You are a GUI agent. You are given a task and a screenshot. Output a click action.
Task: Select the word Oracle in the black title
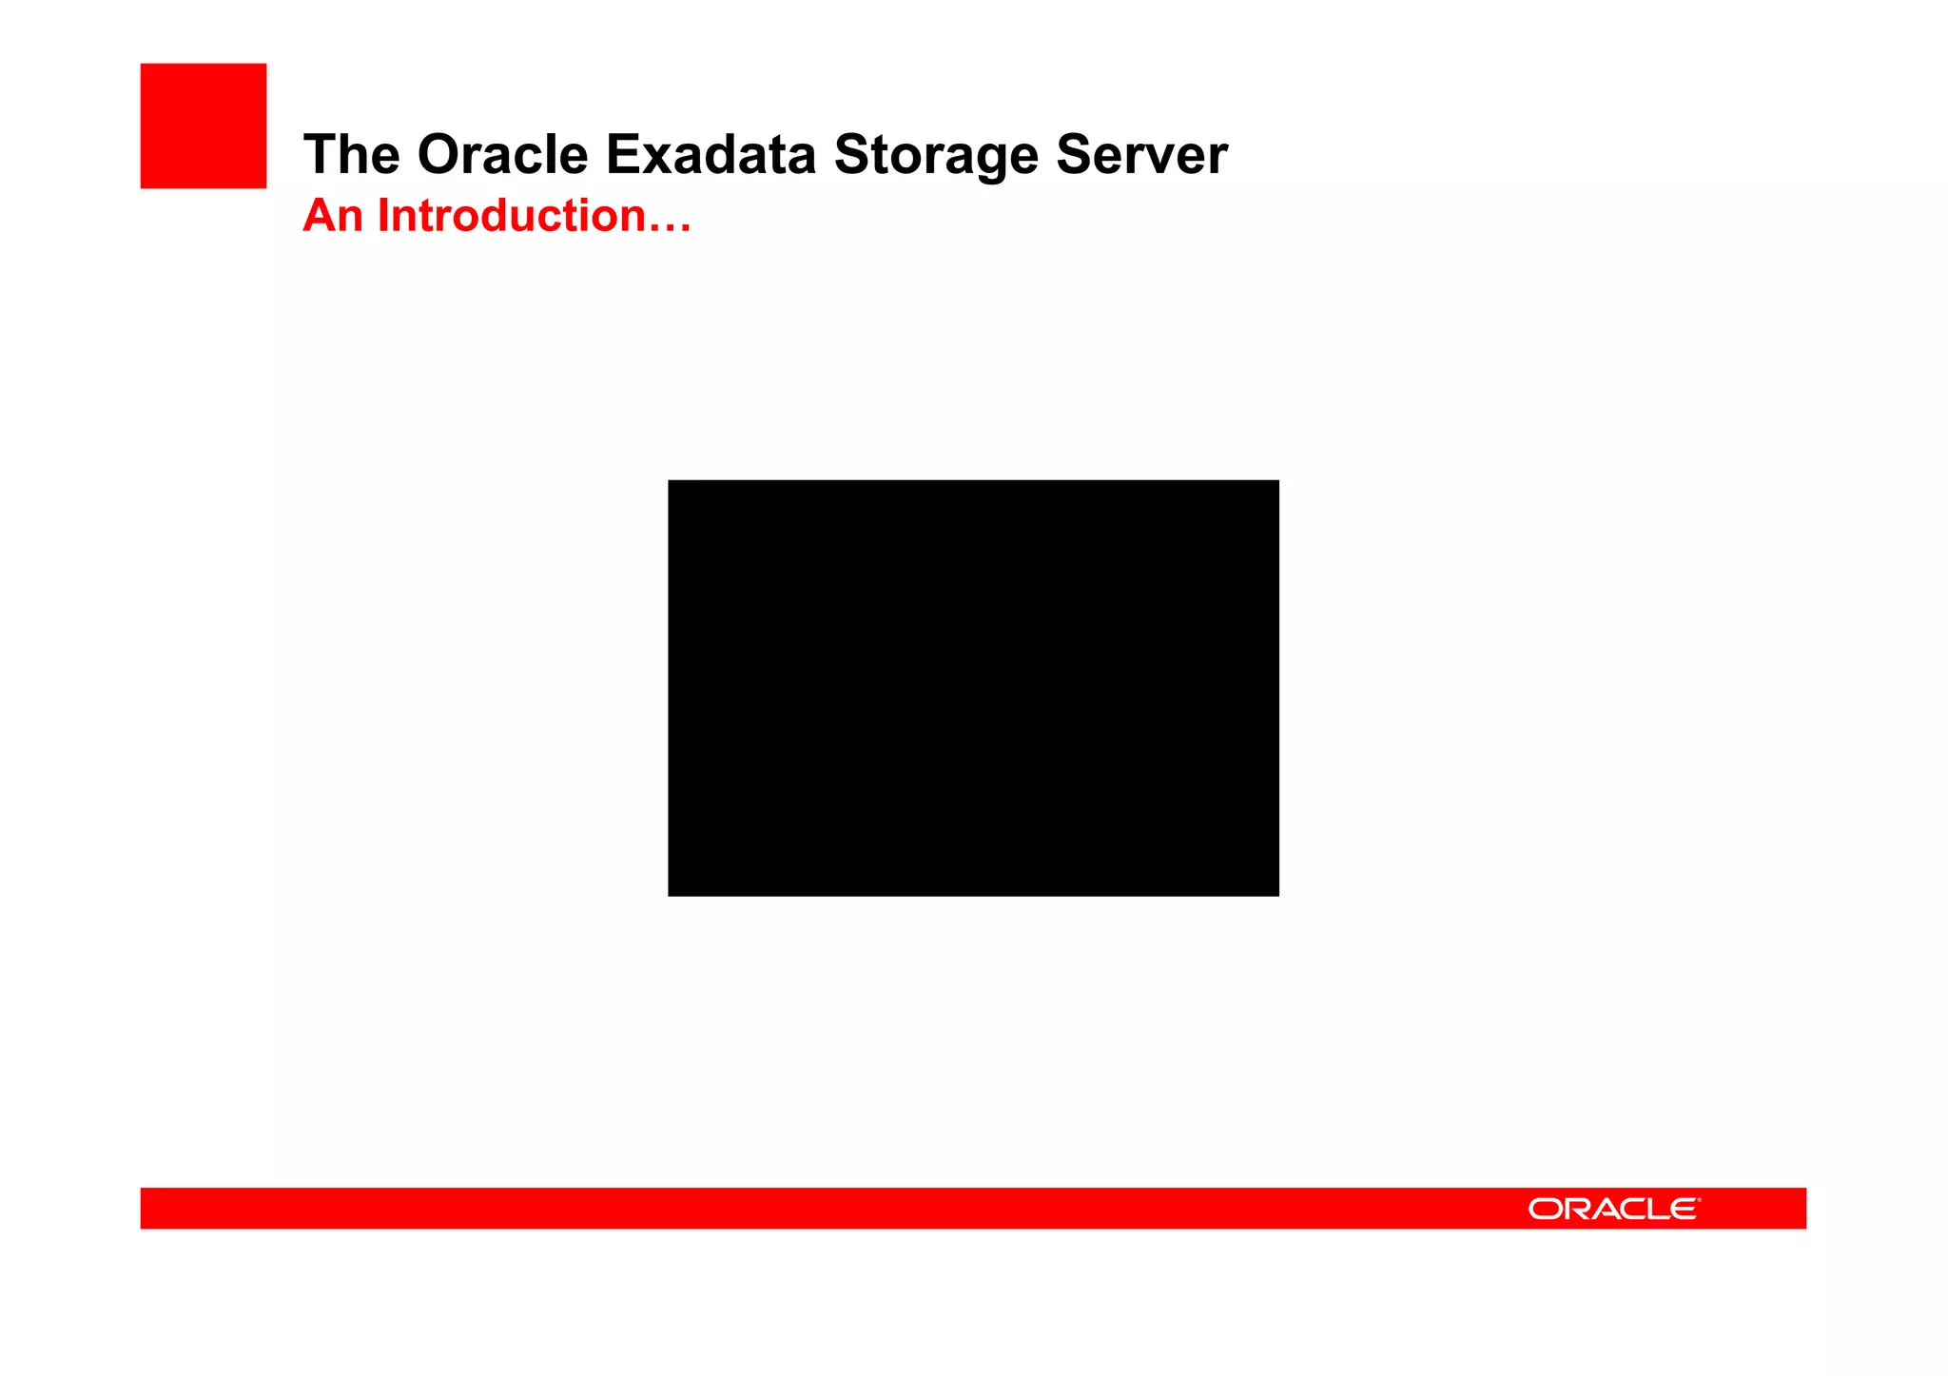pyautogui.click(x=502, y=154)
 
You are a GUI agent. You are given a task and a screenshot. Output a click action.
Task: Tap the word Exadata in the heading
pyautogui.click(x=711, y=154)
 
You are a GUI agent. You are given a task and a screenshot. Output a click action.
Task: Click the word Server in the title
pyautogui.click(x=1141, y=154)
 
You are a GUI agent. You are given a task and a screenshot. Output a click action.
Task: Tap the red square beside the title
pyautogui.click(x=204, y=126)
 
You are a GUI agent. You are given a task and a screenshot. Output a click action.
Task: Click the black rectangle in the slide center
pyautogui.click(x=973, y=688)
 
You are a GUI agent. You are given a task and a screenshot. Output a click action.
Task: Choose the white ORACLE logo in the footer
pyautogui.click(x=1613, y=1209)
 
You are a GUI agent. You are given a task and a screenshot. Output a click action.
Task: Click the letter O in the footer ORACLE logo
pyautogui.click(x=1545, y=1209)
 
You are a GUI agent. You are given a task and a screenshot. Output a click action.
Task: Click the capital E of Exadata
pyautogui.click(x=621, y=154)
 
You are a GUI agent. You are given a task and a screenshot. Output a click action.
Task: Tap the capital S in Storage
pyautogui.click(x=849, y=154)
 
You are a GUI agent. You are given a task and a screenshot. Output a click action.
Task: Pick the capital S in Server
pyautogui.click(x=1071, y=154)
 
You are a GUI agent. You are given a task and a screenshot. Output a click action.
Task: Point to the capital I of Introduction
pyautogui.click(x=383, y=216)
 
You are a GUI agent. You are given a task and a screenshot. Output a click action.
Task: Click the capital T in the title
pyautogui.click(x=319, y=154)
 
